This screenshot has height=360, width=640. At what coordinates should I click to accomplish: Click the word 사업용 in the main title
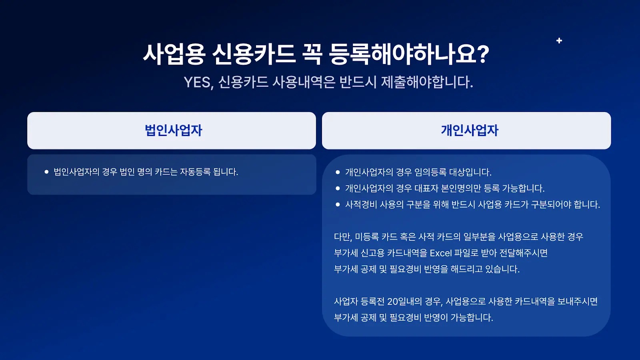click(x=174, y=54)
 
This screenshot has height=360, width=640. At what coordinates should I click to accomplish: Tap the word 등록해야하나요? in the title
click(x=409, y=54)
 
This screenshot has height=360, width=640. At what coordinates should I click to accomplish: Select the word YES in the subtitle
click(x=198, y=82)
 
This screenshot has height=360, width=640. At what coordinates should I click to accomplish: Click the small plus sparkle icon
click(x=559, y=40)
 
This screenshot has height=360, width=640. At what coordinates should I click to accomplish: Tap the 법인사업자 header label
click(x=173, y=130)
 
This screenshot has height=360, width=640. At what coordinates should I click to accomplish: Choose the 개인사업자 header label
click(x=470, y=130)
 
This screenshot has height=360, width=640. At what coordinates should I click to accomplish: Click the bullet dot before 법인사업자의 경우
click(x=46, y=172)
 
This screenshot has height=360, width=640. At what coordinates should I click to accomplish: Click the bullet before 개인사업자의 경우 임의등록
click(x=338, y=172)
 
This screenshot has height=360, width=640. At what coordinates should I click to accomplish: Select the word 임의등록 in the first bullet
click(x=430, y=172)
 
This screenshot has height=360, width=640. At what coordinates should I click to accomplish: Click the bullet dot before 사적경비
click(x=338, y=204)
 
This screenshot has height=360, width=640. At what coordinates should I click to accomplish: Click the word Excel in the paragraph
click(x=440, y=253)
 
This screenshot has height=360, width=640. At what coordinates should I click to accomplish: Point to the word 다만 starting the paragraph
click(x=342, y=237)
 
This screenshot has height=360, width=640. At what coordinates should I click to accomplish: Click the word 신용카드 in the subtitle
click(x=243, y=82)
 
